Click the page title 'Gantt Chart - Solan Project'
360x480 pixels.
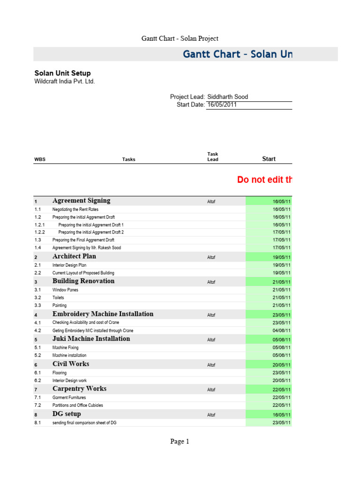(x=180, y=38)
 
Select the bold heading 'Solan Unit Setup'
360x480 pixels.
(x=63, y=73)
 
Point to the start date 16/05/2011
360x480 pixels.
(x=222, y=105)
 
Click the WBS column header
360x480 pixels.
(x=40, y=159)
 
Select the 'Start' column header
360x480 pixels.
(x=269, y=159)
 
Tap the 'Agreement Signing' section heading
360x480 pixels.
(x=82, y=201)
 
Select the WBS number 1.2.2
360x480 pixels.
(x=40, y=232)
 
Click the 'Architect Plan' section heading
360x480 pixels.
(x=75, y=257)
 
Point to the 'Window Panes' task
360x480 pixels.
(x=66, y=290)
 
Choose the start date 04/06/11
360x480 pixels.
(x=282, y=330)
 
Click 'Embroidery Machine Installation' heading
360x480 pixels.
(x=103, y=314)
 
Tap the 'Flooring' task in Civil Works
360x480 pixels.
(x=60, y=373)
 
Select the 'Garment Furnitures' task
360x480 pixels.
(x=69, y=397)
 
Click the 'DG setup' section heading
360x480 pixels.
(x=67, y=414)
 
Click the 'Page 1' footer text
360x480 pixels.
(x=180, y=441)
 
